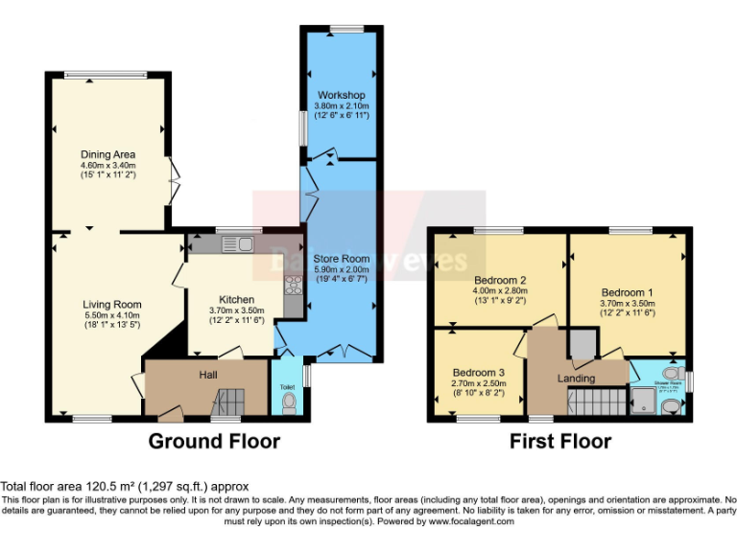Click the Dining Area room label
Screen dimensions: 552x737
(x=107, y=154)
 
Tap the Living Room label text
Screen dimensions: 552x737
(x=111, y=304)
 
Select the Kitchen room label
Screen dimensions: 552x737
(x=236, y=299)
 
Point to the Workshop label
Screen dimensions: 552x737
(x=343, y=95)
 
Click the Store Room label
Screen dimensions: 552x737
(x=343, y=259)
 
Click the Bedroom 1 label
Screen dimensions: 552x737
(x=628, y=292)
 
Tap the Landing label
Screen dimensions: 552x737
(x=576, y=379)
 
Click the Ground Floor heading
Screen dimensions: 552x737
(x=214, y=442)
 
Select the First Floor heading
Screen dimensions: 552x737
(x=560, y=442)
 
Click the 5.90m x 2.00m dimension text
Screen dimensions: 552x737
(x=343, y=269)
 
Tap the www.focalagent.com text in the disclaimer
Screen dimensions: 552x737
(x=470, y=522)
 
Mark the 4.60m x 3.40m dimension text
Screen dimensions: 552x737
(x=107, y=165)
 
